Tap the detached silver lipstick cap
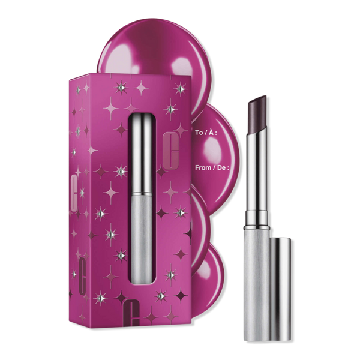coord(281,290)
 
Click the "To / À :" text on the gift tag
coord(206,133)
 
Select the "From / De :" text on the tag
coord(212,167)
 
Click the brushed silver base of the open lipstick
coord(257,284)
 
